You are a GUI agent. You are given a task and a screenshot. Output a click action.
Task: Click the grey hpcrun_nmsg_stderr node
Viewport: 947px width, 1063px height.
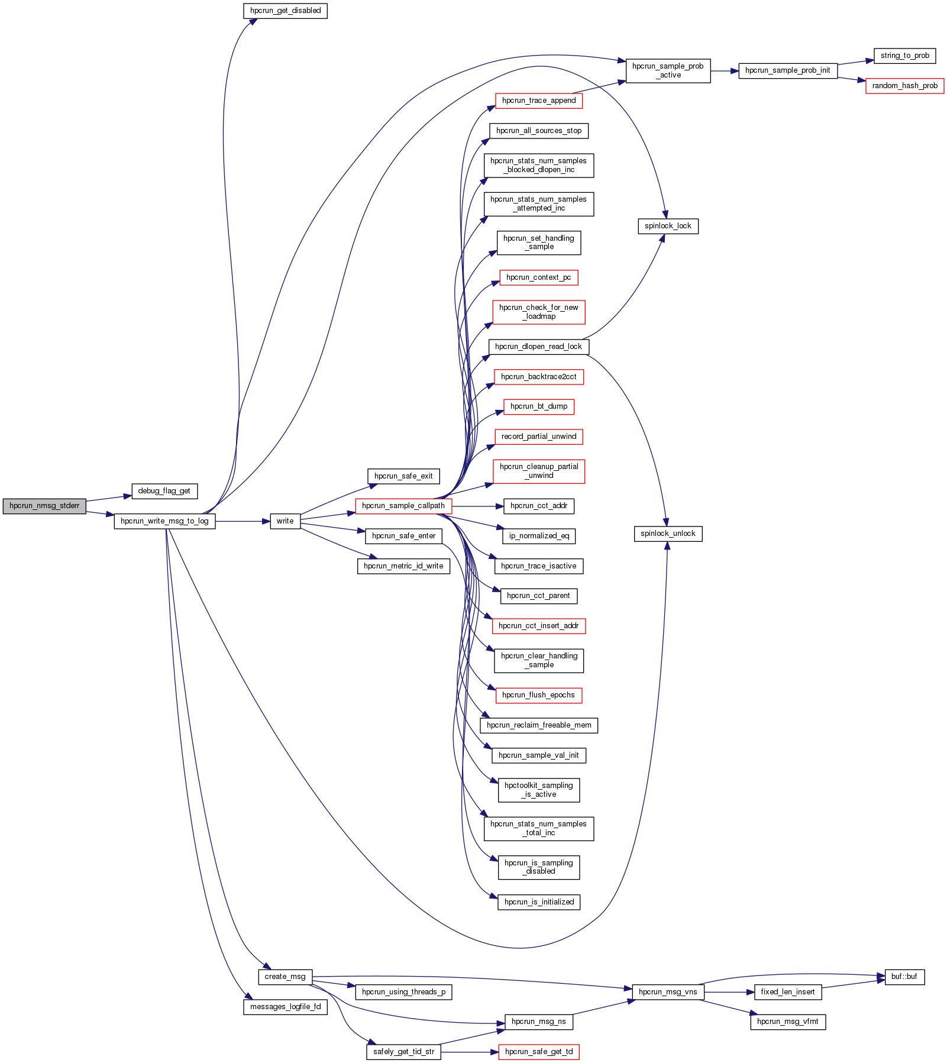pos(44,506)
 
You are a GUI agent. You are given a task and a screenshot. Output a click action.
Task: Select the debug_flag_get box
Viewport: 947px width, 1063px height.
pos(164,491)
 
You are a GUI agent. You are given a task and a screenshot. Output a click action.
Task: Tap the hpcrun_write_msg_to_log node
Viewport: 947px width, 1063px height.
pos(164,521)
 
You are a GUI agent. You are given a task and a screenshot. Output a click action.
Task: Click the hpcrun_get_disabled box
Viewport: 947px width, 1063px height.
pos(285,11)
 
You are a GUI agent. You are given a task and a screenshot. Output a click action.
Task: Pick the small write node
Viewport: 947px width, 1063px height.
pos(285,521)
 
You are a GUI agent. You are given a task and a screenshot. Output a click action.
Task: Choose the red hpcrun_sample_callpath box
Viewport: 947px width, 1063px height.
pos(403,506)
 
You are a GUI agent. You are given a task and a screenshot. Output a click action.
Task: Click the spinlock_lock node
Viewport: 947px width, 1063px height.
pos(668,226)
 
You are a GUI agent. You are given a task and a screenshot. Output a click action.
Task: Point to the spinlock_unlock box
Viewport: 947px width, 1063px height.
pos(668,534)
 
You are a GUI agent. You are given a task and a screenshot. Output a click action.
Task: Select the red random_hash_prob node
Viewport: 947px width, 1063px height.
pos(904,86)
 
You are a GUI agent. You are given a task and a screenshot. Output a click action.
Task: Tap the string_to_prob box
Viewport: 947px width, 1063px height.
pos(904,56)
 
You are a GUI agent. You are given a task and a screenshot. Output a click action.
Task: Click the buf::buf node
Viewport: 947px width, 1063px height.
pos(904,977)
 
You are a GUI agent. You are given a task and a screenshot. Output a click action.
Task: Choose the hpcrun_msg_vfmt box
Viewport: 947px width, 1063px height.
pos(788,1022)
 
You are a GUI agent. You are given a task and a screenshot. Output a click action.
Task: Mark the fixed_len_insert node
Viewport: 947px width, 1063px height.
pos(788,992)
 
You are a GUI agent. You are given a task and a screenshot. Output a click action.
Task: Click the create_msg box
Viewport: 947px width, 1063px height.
pos(285,977)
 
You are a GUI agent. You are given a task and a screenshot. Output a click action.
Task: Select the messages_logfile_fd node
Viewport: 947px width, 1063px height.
pos(285,1007)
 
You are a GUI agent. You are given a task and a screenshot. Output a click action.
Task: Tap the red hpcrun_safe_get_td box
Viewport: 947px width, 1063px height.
pos(539,1052)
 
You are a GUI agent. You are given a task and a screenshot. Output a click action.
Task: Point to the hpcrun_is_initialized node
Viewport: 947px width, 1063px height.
pos(539,902)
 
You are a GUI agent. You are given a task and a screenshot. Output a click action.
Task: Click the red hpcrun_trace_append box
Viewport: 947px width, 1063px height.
pos(539,101)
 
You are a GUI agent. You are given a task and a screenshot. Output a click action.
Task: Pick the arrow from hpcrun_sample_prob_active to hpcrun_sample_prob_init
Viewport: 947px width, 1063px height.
pos(725,71)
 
